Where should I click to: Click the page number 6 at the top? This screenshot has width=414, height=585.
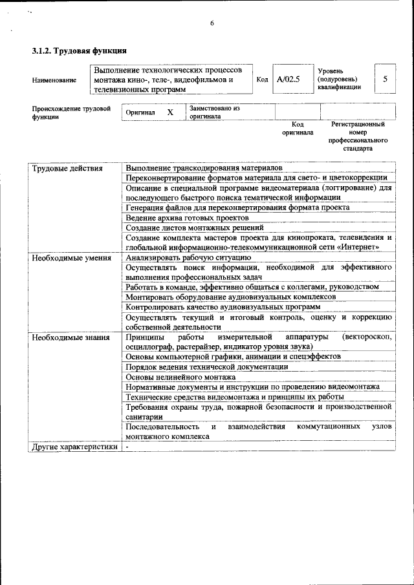tap(212, 24)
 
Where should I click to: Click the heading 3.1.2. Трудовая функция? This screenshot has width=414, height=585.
tap(79, 50)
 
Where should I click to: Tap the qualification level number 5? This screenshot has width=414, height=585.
tap(385, 79)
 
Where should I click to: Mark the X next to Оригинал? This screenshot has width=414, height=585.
tap(170, 112)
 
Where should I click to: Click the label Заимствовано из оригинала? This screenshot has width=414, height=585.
tap(214, 112)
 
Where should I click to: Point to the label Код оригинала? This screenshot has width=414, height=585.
tap(298, 128)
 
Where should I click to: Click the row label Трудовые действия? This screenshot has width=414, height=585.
tap(67, 168)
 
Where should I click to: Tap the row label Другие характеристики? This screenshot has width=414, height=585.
tap(75, 446)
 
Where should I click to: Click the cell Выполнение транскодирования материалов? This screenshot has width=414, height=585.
tap(204, 168)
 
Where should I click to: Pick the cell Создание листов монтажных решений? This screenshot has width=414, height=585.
tap(194, 228)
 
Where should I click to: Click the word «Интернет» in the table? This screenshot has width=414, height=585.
tap(354, 247)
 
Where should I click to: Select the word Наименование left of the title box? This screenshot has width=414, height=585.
tap(54, 80)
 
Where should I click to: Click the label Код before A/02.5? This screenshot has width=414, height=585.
tap(262, 80)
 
